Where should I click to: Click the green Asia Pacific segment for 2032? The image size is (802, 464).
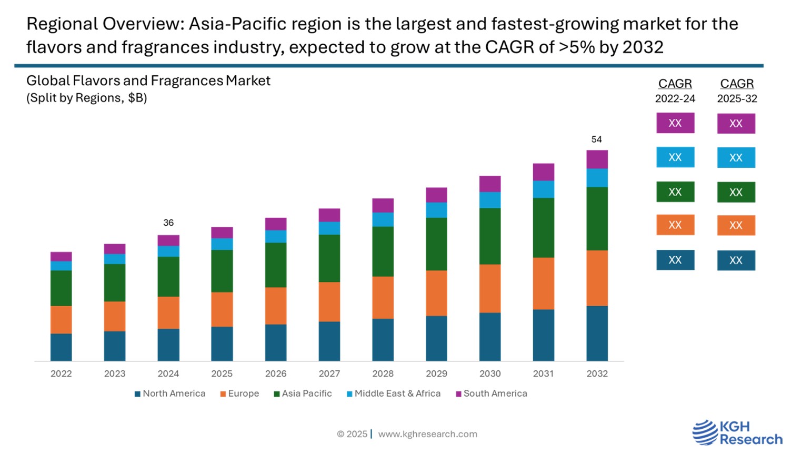(x=597, y=218)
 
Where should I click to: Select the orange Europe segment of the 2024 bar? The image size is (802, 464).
(x=168, y=312)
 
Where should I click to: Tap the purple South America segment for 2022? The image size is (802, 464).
(x=61, y=257)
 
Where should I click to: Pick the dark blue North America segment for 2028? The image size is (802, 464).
(x=383, y=339)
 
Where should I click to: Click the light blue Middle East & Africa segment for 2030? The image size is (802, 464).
(x=490, y=200)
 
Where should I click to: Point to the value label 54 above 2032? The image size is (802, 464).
(x=596, y=139)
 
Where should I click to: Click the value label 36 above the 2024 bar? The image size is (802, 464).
(x=168, y=223)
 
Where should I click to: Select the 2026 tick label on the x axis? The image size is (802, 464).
(x=276, y=374)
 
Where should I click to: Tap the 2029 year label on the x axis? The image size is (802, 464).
(x=436, y=374)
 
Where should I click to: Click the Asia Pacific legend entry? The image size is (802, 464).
(x=303, y=394)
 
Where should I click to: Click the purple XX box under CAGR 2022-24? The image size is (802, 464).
(x=675, y=123)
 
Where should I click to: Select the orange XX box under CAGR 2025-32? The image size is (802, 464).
(x=736, y=225)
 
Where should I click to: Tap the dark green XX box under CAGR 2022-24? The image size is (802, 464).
(x=675, y=192)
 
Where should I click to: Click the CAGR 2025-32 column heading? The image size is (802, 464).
(x=737, y=90)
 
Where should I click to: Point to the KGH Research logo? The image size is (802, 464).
(x=737, y=433)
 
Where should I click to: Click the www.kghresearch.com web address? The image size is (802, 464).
(x=427, y=434)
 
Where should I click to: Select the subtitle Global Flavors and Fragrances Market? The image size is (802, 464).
(x=148, y=80)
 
